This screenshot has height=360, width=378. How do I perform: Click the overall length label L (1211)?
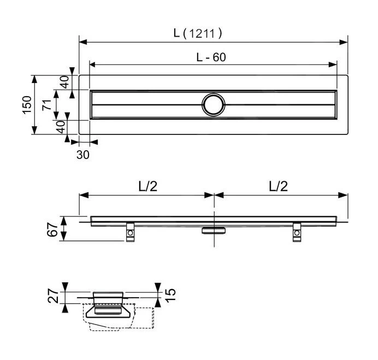197,33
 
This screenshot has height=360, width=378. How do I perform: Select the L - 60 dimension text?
211,57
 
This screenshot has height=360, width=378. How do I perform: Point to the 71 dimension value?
48,104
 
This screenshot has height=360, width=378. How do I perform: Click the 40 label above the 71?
64,82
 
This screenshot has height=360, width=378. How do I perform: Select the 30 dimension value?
82,155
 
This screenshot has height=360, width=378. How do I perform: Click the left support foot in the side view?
131,233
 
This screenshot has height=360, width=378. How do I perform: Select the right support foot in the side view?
297,233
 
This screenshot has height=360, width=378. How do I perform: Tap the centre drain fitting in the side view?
213,230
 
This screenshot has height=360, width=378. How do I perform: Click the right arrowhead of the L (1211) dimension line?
345,41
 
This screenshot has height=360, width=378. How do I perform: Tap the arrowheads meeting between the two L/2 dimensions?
214,194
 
